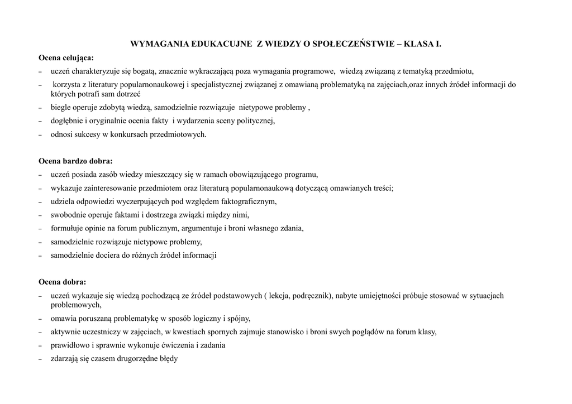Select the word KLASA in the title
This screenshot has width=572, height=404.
(x=413, y=43)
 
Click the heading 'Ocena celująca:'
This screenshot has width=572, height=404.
(x=66, y=57)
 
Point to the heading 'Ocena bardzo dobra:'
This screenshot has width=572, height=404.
(x=75, y=161)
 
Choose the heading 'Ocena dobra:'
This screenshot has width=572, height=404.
(x=62, y=282)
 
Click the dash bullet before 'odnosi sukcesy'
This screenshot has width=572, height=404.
(x=40, y=134)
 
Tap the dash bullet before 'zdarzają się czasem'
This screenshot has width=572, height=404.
(x=40, y=359)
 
